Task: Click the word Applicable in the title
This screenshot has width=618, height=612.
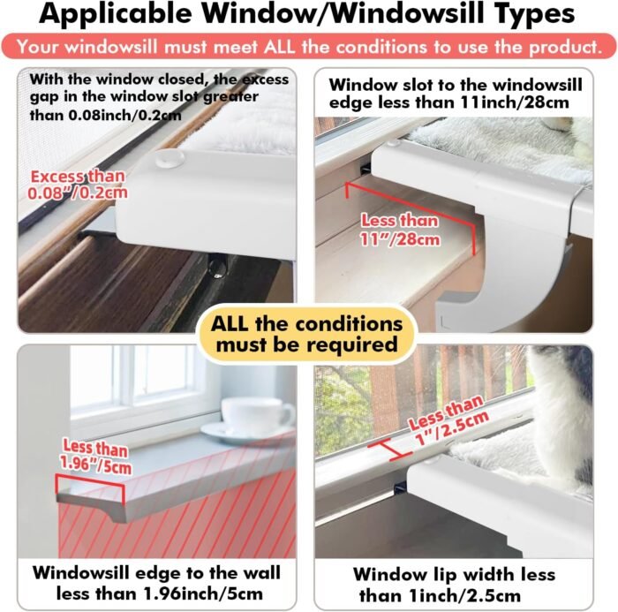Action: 115,14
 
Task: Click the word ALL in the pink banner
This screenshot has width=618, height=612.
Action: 280,47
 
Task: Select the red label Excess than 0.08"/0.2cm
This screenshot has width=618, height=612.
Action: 78,185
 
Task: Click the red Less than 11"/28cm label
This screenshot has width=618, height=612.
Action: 400,230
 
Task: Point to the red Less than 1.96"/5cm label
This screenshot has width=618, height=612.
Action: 95,457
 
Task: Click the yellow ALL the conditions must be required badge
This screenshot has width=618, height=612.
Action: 307,334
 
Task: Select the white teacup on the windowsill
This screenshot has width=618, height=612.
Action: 257,416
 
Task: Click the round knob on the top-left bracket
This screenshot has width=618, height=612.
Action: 170,158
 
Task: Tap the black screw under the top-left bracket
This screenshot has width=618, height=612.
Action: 217,266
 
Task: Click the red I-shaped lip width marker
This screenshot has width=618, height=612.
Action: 390,450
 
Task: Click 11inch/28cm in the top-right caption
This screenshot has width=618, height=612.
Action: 515,102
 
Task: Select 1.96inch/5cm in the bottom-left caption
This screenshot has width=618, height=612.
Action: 203,593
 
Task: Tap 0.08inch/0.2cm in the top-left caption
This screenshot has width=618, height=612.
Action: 125,115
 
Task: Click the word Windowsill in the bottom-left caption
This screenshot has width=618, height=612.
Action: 81,573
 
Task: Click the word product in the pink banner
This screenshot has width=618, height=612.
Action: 565,48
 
